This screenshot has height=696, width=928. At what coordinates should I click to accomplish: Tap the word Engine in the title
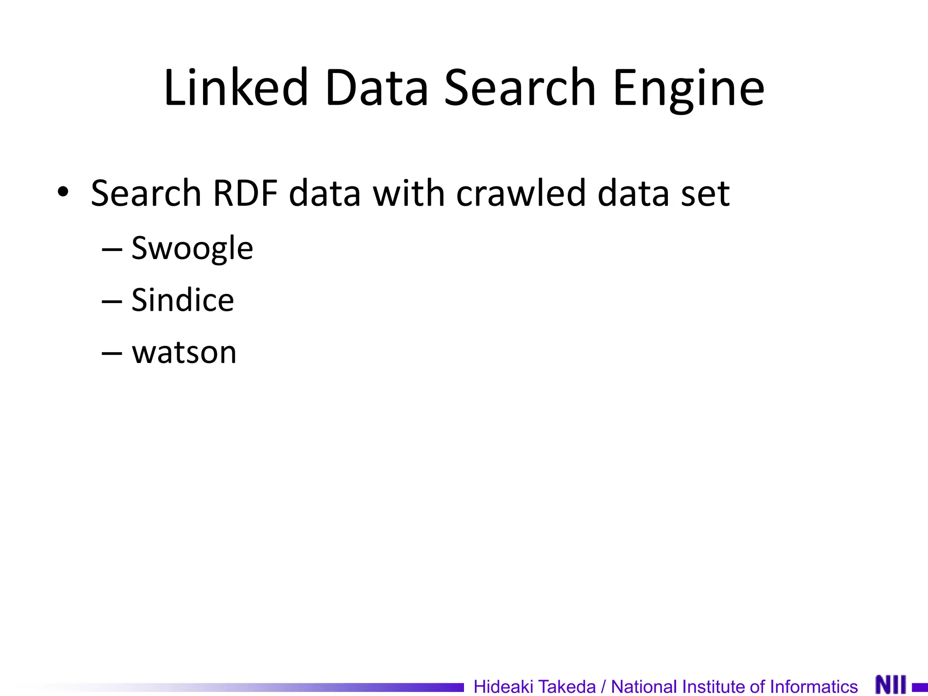point(688,88)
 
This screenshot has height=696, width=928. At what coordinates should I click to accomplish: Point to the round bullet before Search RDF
point(63,192)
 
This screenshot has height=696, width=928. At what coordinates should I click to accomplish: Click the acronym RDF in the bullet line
point(245,193)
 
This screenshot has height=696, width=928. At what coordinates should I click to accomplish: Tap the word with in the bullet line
point(408,193)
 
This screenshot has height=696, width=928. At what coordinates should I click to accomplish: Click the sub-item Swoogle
point(192,248)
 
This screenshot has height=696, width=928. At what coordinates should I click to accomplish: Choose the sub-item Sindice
point(183,300)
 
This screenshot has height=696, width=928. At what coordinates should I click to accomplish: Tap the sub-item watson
point(184,352)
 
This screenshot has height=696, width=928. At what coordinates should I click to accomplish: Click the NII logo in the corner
point(891,684)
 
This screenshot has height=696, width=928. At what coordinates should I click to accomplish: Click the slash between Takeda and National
point(603,686)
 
